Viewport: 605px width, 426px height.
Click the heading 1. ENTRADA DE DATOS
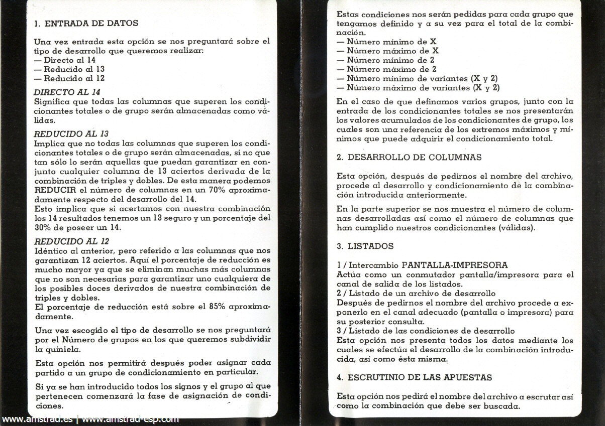coord(86,23)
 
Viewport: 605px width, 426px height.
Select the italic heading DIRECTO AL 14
coord(67,92)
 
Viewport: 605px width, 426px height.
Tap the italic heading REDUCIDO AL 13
coord(71,133)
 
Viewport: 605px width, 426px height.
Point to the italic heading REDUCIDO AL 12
coord(71,241)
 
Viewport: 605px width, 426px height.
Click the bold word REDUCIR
coord(55,190)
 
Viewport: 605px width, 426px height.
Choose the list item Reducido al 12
coord(74,78)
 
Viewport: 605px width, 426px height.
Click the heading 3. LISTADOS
coord(365,246)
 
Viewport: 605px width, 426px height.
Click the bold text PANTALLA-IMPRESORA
coord(455,265)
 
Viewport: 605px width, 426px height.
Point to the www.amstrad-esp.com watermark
coord(130,419)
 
